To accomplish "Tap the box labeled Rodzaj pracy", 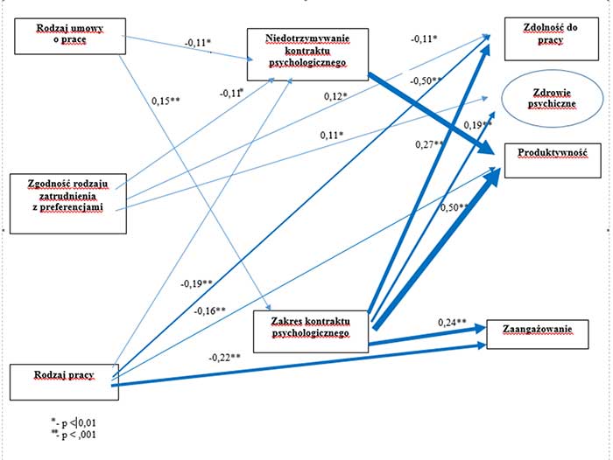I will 63,378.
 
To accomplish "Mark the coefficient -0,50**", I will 423,80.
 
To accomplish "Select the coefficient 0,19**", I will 478,125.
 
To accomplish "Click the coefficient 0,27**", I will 429,144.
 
